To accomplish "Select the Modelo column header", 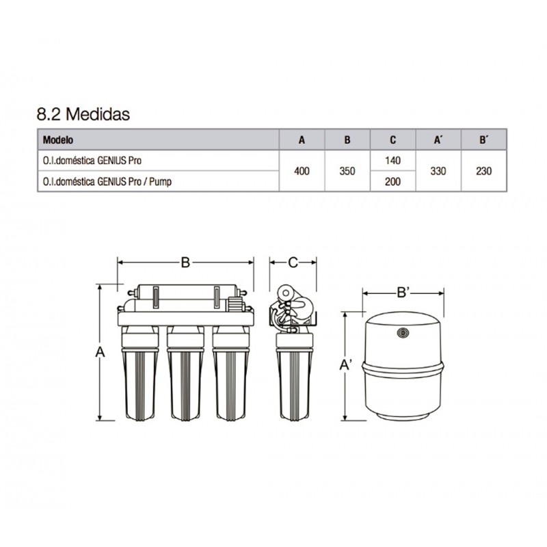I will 58,139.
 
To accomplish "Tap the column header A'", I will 438,139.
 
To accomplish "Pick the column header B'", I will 483,139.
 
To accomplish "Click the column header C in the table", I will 392,139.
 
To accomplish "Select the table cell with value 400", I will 302,171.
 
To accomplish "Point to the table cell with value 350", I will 347,171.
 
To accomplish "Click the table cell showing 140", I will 392,160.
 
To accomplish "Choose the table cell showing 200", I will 392,182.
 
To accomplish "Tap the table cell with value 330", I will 438,171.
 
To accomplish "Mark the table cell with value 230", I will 483,171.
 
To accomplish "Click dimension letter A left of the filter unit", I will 101,352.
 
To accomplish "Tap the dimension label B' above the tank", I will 403,293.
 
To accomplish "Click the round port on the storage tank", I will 403,334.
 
